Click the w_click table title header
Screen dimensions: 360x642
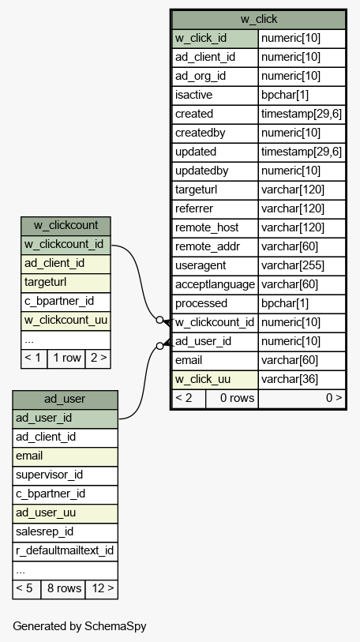(258, 19)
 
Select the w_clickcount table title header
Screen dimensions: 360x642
(66, 226)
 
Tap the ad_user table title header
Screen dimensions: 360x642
(65, 400)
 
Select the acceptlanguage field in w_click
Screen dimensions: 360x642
(215, 284)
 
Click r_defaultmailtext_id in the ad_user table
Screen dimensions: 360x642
(65, 550)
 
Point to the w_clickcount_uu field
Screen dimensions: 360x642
(66, 321)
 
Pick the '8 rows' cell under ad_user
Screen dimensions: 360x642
(63, 589)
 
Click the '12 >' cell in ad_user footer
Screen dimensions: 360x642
(102, 589)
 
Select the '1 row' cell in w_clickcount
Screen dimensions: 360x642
(66, 359)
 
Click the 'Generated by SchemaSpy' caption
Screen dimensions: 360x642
(80, 626)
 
